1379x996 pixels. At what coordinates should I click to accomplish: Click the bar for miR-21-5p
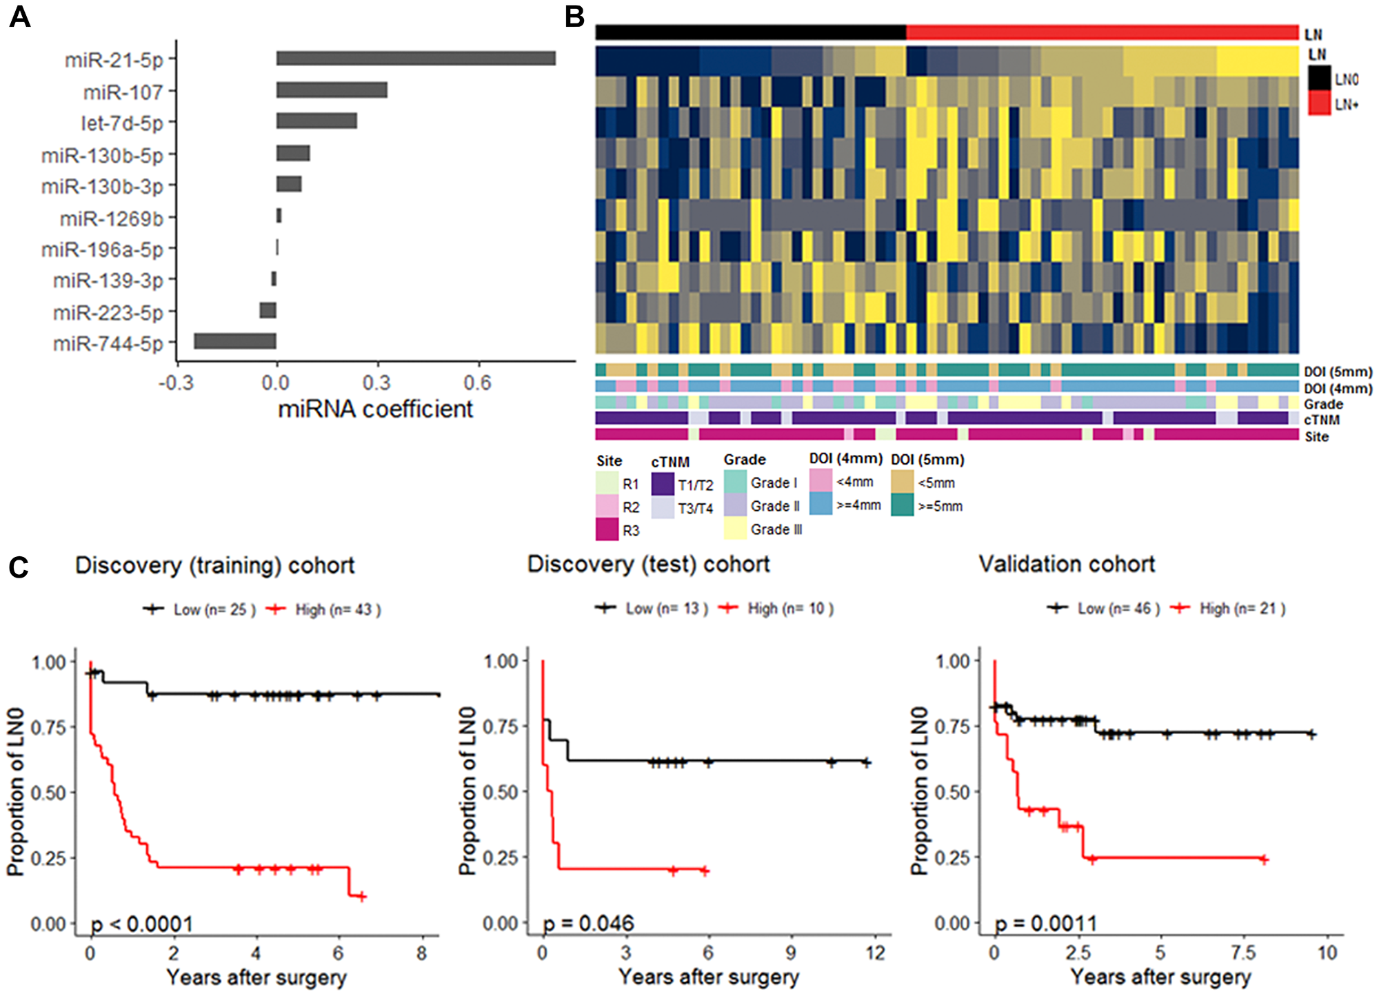tap(416, 59)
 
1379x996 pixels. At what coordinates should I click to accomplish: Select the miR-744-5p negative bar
tap(235, 341)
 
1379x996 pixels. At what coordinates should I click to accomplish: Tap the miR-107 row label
tap(123, 92)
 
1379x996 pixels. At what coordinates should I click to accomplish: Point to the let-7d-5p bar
tap(316, 121)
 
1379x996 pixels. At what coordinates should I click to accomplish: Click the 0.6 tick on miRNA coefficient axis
tap(477, 383)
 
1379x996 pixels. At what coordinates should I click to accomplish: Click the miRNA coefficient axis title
tap(375, 409)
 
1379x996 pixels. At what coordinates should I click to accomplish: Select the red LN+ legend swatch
tap(1319, 103)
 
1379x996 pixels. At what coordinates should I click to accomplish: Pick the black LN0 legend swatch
tap(1319, 78)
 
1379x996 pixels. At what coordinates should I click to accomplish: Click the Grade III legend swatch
tap(735, 529)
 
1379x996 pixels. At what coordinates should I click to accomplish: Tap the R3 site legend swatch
tap(607, 530)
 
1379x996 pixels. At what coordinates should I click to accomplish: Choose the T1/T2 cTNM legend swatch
tap(662, 485)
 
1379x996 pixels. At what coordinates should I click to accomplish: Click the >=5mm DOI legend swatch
tap(902, 506)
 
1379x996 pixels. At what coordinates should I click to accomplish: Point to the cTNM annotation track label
tap(1321, 420)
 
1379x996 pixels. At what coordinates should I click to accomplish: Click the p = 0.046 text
tap(588, 923)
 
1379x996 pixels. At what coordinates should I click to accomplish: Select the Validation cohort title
tap(1067, 565)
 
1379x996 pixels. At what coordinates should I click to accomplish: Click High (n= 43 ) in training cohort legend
tap(337, 609)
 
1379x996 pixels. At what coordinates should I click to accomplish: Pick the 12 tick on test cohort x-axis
tap(875, 953)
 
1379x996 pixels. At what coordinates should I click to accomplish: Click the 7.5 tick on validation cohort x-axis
tap(1243, 953)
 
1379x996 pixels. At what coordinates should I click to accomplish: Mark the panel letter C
tap(19, 567)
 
